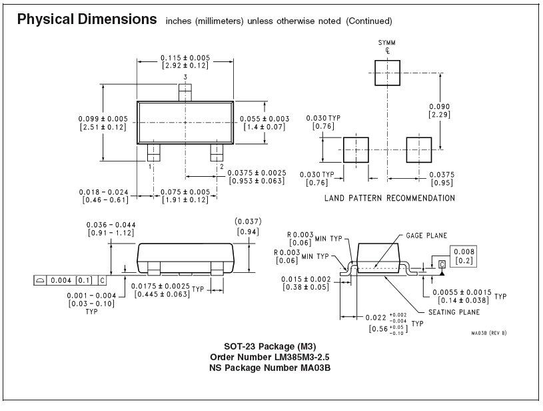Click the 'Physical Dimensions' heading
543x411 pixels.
pyautogui.click(x=87, y=19)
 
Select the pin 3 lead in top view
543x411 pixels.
pyautogui.click(x=185, y=93)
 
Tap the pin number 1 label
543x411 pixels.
pyautogui.click(x=150, y=167)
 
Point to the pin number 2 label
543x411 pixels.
pyautogui.click(x=222, y=167)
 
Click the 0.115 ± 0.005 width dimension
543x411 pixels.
pyautogui.click(x=185, y=62)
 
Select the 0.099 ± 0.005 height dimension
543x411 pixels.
pyautogui.click(x=103, y=123)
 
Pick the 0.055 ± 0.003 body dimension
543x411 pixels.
pyautogui.click(x=265, y=123)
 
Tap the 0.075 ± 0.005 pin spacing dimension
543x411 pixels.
pyautogui.click(x=185, y=196)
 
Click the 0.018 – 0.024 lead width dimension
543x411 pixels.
pyautogui.click(x=103, y=196)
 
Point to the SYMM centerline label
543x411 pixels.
pyautogui.click(x=387, y=42)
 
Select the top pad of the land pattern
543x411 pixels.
pyautogui.click(x=388, y=73)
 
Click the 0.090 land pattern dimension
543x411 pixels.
pyautogui.click(x=440, y=111)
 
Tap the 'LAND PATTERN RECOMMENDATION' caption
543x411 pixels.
pyautogui.click(x=390, y=198)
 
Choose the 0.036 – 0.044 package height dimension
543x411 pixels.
pyautogui.click(x=111, y=229)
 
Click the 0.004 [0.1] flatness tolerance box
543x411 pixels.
pyautogui.click(x=70, y=280)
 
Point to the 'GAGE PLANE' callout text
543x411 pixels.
pyautogui.click(x=426, y=236)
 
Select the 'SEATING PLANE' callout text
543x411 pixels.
pyautogui.click(x=454, y=312)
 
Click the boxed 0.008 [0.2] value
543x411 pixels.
pyautogui.click(x=463, y=256)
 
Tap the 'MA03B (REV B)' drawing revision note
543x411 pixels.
pyautogui.click(x=488, y=333)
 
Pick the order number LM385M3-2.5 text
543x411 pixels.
pyautogui.click(x=270, y=357)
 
